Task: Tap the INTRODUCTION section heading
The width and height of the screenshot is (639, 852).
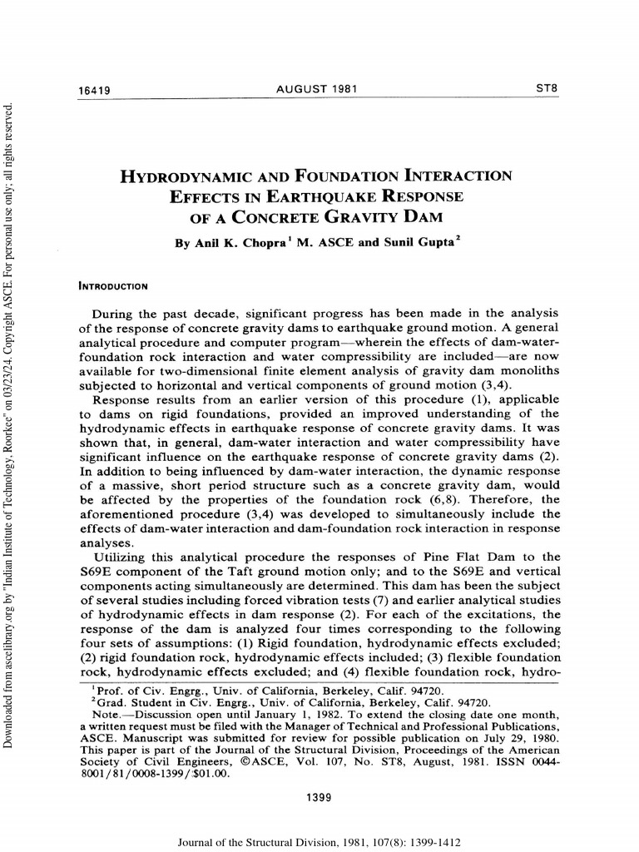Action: pyautogui.click(x=112, y=286)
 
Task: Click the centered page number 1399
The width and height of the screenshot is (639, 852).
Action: pyautogui.click(x=319, y=798)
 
